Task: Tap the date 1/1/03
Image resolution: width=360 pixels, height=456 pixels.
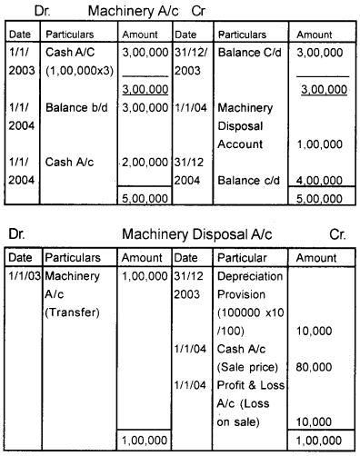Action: click(22, 274)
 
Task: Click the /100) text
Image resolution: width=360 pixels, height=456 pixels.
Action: click(232, 326)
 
